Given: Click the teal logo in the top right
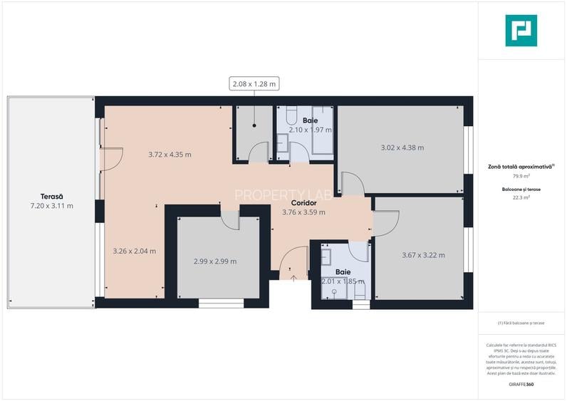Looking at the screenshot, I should point(521,31).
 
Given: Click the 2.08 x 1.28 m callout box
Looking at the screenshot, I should point(254,84).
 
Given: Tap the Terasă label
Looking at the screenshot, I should point(51,197).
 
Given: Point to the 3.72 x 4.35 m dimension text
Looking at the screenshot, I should point(170,155).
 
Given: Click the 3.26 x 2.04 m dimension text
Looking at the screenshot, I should point(135,251).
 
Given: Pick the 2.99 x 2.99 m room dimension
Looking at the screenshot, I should point(215,261).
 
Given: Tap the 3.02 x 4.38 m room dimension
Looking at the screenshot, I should point(402,148).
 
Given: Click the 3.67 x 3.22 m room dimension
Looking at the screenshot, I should point(423,255).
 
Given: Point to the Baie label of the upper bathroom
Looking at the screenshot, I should point(310,121).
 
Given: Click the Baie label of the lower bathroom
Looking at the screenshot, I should point(343,272).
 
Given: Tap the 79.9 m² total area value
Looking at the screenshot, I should point(521,175).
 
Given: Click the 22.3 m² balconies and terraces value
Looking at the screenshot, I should point(521,198).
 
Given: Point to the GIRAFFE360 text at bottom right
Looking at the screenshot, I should point(521,385).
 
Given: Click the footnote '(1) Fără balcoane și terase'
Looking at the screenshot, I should point(521,323).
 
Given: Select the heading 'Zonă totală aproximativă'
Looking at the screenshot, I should point(520,166).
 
